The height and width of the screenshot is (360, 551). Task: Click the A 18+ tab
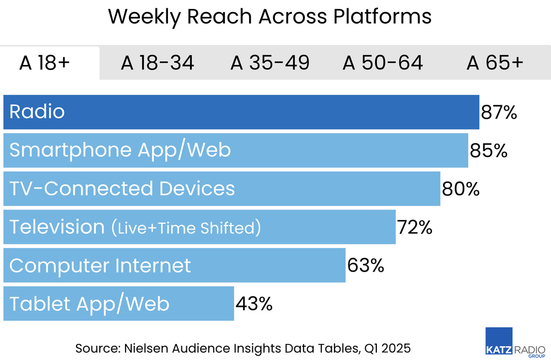coord(45,63)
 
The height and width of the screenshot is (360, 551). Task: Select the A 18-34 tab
coord(158,63)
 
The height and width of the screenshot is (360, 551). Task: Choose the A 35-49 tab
coord(270,63)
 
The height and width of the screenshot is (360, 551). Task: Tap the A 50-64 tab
coord(383,63)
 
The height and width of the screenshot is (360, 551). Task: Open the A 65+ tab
coord(495,63)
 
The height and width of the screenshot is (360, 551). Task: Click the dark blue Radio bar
coord(241,112)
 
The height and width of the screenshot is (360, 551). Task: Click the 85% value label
coord(488,151)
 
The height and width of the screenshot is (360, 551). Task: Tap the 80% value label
coord(461,189)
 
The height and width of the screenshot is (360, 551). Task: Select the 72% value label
coord(414,227)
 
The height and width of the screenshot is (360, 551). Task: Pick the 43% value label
coord(254,304)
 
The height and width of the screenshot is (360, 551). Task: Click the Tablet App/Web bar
coord(118,304)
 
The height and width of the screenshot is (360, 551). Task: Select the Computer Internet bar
coord(174,265)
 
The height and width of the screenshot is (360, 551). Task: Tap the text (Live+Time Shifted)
coord(186,228)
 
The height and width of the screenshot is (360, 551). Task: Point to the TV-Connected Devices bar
coord(222,189)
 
